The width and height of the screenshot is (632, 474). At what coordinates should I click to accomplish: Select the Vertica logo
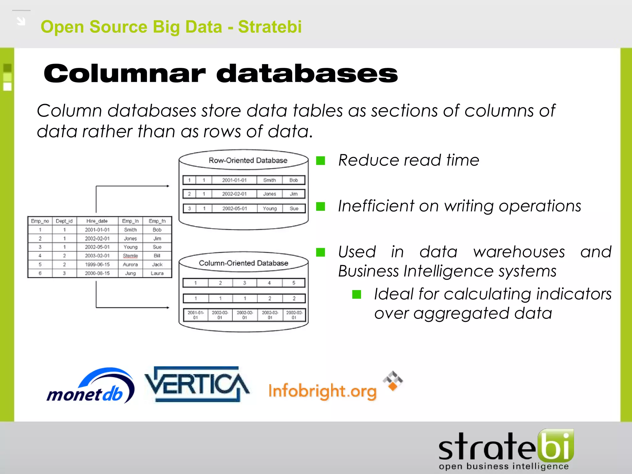(x=197, y=385)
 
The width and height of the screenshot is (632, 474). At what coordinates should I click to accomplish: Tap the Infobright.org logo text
(x=322, y=391)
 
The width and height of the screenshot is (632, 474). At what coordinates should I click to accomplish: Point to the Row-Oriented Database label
(x=248, y=160)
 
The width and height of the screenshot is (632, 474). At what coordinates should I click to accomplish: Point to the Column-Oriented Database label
(x=243, y=263)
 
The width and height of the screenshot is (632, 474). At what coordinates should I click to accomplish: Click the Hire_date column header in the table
(x=97, y=221)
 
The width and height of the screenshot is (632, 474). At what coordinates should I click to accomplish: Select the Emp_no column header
(x=40, y=221)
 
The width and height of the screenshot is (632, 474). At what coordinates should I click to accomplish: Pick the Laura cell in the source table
(x=157, y=273)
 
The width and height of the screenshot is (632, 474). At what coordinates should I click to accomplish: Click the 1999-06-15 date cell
(x=97, y=264)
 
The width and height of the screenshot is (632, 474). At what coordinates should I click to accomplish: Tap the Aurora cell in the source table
(x=130, y=264)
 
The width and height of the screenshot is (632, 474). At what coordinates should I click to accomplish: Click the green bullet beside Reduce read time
(x=321, y=160)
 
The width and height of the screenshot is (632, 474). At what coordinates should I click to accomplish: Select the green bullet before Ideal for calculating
(x=356, y=294)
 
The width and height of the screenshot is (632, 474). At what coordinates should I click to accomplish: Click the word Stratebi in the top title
(x=270, y=27)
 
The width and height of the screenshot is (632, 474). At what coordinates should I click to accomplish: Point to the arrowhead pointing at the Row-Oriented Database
(x=168, y=186)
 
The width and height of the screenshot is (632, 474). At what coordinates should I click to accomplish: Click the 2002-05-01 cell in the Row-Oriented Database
(x=235, y=209)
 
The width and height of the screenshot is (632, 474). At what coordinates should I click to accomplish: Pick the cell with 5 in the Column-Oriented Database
(x=293, y=283)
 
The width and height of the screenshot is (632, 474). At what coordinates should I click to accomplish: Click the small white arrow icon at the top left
(x=21, y=21)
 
